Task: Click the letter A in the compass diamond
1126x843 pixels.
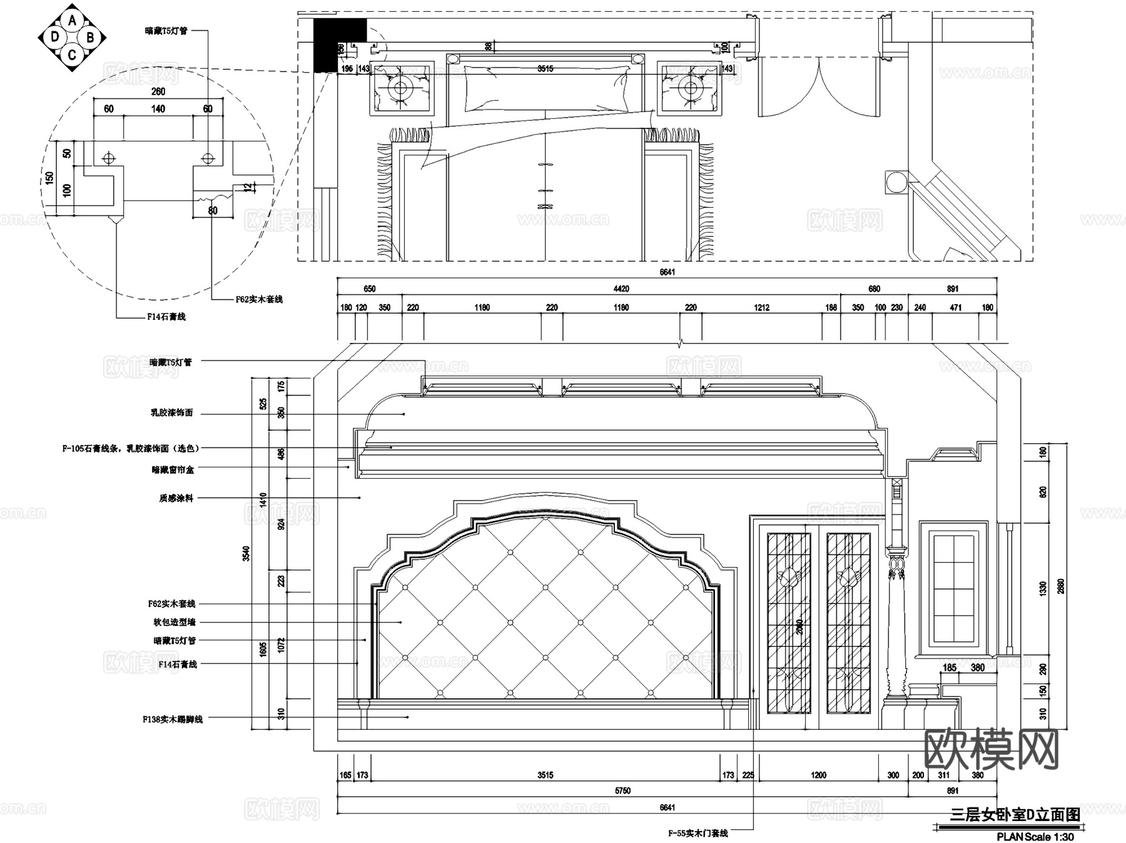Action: (x=73, y=21)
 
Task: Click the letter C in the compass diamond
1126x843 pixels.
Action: (x=73, y=55)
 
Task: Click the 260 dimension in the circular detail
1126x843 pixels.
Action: (x=158, y=91)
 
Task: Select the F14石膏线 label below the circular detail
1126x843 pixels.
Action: (x=166, y=317)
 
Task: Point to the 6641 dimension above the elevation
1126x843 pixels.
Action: (x=667, y=272)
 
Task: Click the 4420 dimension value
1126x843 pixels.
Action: (x=621, y=289)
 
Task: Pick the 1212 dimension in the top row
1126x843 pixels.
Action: (x=761, y=307)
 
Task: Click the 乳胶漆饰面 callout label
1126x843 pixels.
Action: (x=171, y=413)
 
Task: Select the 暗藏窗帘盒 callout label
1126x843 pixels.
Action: (x=173, y=469)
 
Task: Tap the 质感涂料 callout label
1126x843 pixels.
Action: (x=176, y=498)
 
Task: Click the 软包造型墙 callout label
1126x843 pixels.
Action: (x=175, y=622)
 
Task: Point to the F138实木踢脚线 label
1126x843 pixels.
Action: (x=173, y=720)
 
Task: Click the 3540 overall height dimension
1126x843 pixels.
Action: (x=246, y=553)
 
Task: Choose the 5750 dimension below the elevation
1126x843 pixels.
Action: (x=622, y=790)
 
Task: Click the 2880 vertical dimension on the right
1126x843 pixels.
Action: (x=1060, y=586)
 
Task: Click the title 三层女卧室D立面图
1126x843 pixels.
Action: (x=1015, y=814)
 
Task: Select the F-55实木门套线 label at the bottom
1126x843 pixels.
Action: (x=697, y=833)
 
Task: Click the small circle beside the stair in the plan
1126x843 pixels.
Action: (x=896, y=182)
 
